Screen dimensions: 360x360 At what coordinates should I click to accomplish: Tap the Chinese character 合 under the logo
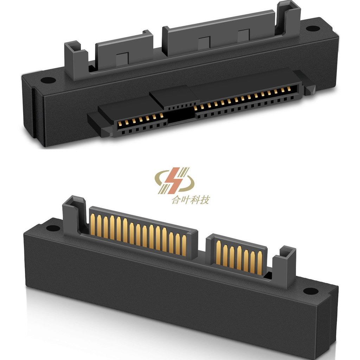point(175,200)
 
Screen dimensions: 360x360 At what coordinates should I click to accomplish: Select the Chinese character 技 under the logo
point(205,200)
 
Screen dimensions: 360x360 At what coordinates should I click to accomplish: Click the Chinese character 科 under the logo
point(195,200)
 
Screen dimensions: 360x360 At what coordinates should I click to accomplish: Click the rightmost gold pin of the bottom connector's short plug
point(260,263)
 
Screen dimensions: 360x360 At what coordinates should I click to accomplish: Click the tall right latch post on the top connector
point(289,18)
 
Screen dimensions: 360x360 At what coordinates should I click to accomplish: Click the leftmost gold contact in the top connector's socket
point(120,123)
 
